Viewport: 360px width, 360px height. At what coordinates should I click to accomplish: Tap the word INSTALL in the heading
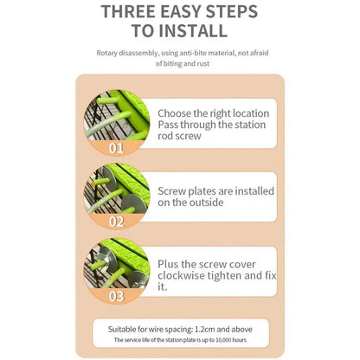tap(193, 32)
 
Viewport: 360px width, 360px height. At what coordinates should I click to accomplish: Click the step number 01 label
tap(117, 147)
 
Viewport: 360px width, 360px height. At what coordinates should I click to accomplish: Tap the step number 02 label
tap(117, 221)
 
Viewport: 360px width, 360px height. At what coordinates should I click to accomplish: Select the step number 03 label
tap(117, 297)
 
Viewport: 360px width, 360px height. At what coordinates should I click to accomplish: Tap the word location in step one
tap(247, 113)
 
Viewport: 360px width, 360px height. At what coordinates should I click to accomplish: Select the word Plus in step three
tap(170, 263)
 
